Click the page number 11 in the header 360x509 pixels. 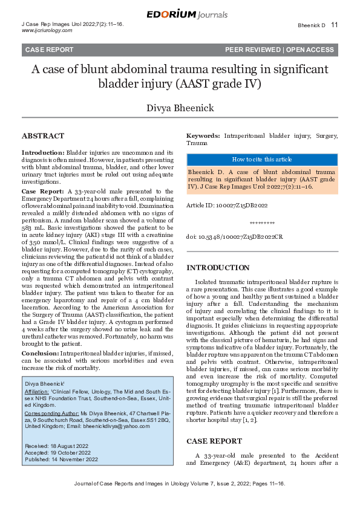(x=335, y=25)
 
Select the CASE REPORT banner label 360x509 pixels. (x=49, y=50)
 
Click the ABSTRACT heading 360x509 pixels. (x=43, y=136)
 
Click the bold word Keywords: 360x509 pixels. (x=203, y=137)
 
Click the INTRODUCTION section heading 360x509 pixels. (x=217, y=267)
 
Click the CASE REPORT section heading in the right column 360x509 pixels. (x=214, y=441)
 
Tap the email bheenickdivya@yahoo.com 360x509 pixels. (x=114, y=425)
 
